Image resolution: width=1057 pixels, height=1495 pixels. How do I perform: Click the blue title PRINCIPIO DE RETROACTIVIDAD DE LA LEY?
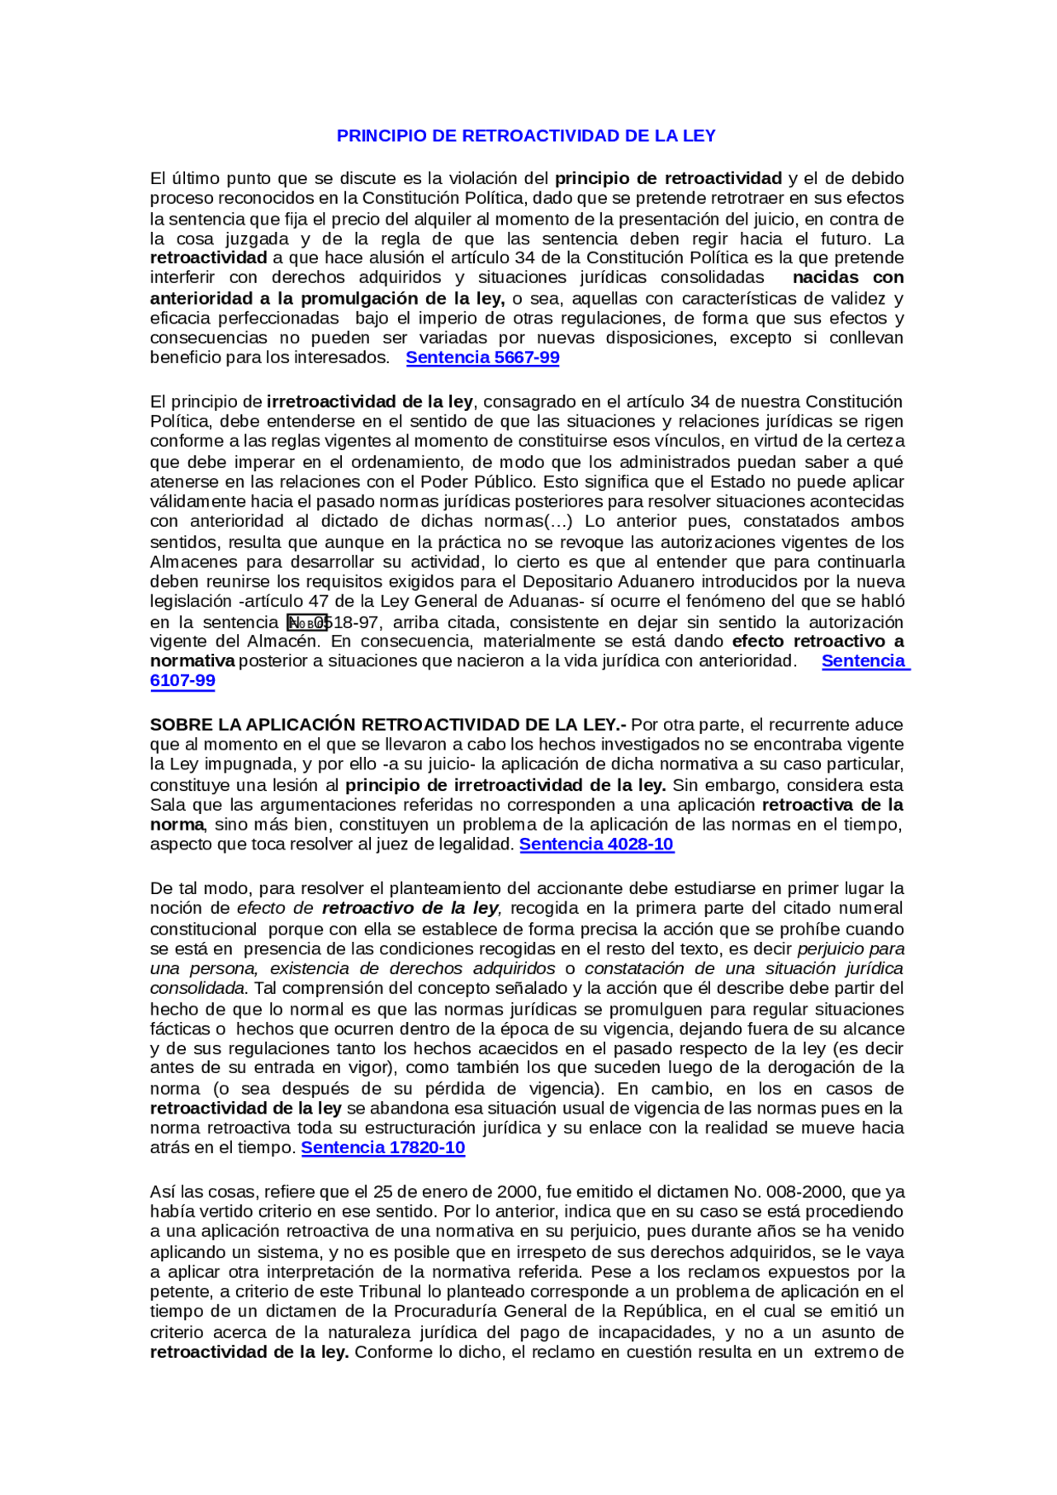(525, 136)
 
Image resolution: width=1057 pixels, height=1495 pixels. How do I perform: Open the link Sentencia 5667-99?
(482, 358)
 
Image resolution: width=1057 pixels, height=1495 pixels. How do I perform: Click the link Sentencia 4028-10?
(596, 844)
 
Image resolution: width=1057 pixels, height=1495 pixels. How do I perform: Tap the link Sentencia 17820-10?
(382, 1148)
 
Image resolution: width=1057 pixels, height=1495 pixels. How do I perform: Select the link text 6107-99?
(182, 681)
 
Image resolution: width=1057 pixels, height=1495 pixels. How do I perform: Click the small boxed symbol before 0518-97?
(306, 623)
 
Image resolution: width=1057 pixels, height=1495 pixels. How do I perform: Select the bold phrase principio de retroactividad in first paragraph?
(668, 178)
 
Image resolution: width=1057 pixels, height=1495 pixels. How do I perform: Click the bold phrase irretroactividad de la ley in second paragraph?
(369, 402)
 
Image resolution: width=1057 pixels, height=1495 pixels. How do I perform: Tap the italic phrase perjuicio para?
(851, 949)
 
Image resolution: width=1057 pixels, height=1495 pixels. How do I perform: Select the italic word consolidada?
(197, 989)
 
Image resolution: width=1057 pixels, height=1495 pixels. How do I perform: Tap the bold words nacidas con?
(847, 278)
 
